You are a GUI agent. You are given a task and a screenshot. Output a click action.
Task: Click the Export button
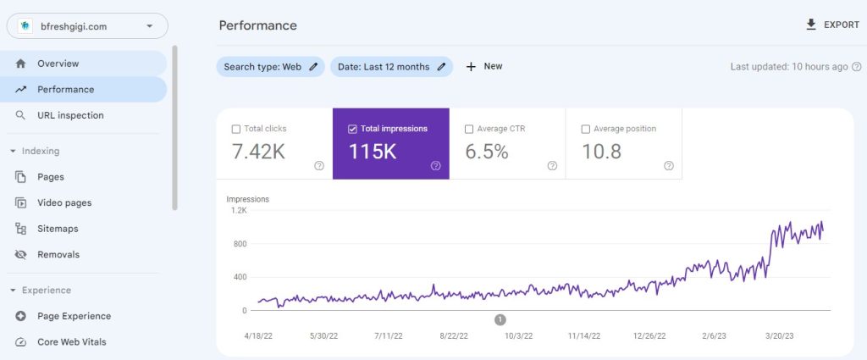(x=832, y=25)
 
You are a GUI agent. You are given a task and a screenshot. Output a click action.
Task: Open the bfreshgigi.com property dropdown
(x=87, y=26)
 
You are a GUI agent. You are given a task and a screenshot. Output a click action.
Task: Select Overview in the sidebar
(x=58, y=64)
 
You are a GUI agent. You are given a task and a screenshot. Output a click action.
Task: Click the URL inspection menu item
(x=70, y=115)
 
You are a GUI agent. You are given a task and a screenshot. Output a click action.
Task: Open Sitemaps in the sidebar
(x=58, y=229)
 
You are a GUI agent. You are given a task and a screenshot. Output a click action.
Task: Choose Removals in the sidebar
(x=58, y=254)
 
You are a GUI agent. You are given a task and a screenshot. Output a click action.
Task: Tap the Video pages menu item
(x=64, y=203)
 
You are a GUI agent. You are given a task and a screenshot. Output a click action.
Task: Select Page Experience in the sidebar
(x=74, y=316)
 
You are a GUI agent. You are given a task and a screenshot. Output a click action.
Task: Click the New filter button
(x=484, y=67)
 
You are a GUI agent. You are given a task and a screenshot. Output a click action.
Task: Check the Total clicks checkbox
(x=236, y=130)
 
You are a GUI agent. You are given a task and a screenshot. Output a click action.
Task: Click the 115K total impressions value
(x=373, y=152)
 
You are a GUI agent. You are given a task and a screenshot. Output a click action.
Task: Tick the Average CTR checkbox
(x=469, y=130)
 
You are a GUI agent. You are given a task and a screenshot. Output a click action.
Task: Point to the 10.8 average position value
(x=602, y=152)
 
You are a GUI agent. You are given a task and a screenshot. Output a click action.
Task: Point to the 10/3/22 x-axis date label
(x=518, y=336)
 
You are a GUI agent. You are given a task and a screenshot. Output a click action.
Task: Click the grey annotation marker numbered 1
(x=500, y=319)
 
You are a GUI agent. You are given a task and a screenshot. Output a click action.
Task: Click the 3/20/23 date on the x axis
(x=783, y=336)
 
